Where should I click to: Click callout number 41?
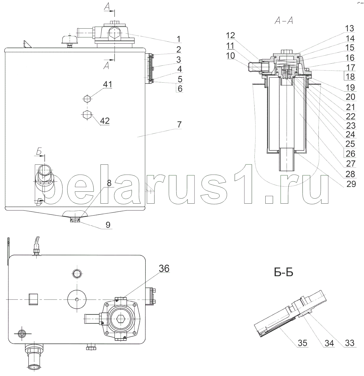click(107, 84)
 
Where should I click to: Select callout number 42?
click(105, 121)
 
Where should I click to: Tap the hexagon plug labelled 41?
click(87, 99)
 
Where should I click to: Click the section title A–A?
click(284, 20)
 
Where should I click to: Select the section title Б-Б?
click(284, 273)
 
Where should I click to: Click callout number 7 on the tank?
click(179, 124)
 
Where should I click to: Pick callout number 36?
click(164, 268)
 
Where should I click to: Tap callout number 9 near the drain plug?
click(108, 225)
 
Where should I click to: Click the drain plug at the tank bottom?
click(75, 220)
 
